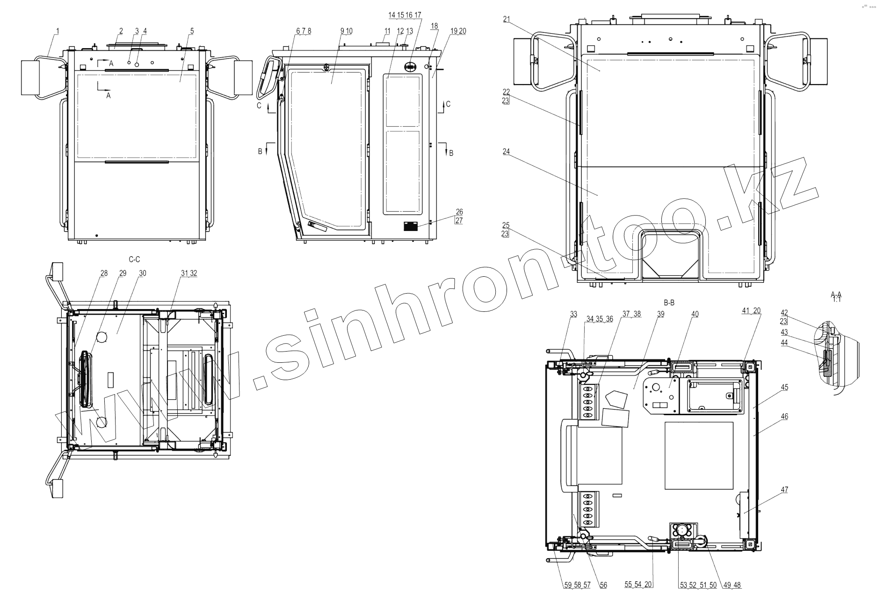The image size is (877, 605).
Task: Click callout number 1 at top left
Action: click(x=58, y=31)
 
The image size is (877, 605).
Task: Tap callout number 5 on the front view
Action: click(x=192, y=31)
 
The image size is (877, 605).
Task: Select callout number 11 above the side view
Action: click(x=387, y=31)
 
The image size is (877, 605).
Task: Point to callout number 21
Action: click(x=507, y=19)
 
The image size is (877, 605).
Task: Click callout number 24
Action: click(x=507, y=152)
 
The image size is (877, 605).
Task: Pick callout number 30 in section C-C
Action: click(x=143, y=273)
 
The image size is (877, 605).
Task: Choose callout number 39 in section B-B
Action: click(x=660, y=314)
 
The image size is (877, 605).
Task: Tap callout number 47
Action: click(x=784, y=490)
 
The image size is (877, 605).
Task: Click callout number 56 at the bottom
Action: click(x=603, y=585)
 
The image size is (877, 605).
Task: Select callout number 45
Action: click(x=784, y=387)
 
